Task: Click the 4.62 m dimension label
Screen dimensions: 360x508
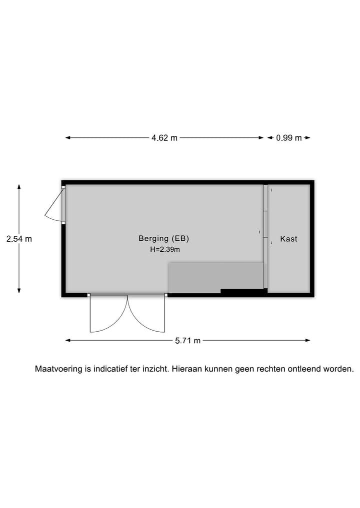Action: click(x=164, y=138)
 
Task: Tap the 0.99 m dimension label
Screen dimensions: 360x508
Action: click(x=289, y=138)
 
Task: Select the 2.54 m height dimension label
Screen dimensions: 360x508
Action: click(x=19, y=239)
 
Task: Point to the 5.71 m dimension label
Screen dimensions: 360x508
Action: click(x=188, y=341)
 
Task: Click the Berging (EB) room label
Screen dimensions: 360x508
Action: click(x=164, y=238)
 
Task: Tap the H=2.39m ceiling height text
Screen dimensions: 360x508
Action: click(x=165, y=249)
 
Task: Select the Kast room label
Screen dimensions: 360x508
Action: click(x=288, y=239)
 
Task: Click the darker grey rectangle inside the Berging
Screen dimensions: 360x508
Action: click(x=215, y=278)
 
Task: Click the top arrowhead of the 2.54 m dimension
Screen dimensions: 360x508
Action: click(x=19, y=187)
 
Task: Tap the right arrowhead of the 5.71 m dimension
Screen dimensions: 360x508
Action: click(x=308, y=340)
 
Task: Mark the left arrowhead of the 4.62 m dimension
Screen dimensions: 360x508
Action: click(x=68, y=138)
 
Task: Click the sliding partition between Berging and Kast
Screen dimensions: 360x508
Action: click(x=265, y=236)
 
